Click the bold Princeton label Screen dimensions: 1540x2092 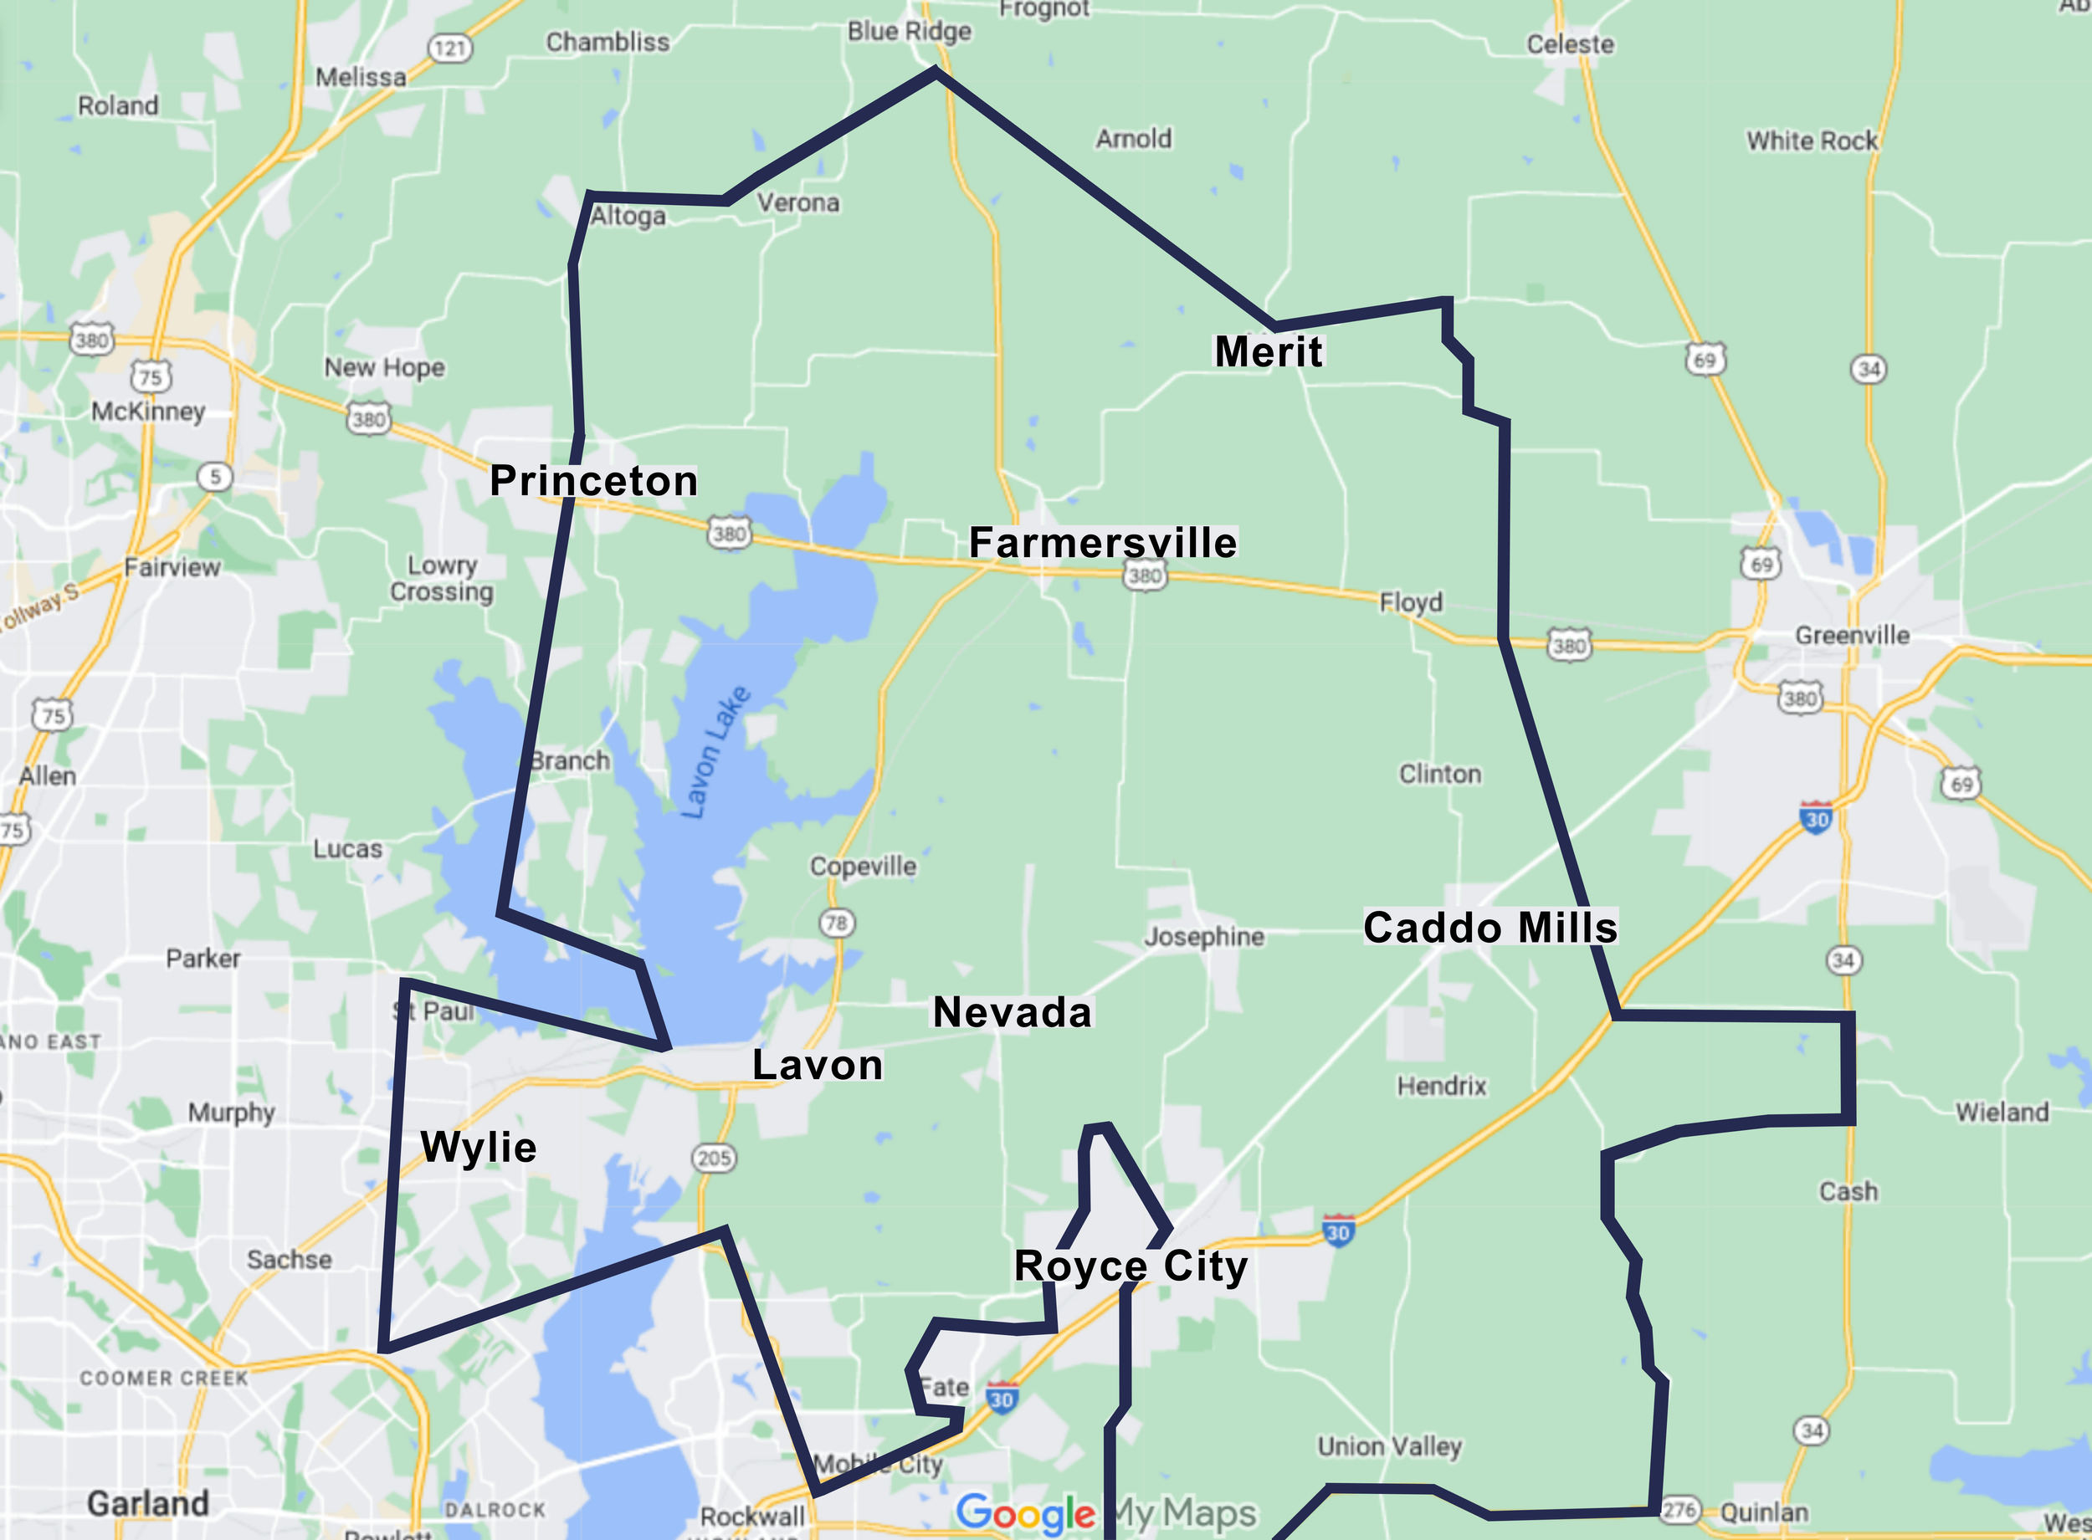594,481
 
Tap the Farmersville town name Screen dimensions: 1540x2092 1103,543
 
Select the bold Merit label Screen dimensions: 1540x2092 1268,351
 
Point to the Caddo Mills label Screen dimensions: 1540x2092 1490,928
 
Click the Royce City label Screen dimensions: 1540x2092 1130,1266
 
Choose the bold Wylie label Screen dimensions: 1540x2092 479,1147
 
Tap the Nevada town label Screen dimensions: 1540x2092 1012,1012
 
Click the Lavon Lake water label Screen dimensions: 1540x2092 716,752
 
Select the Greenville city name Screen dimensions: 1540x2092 1852,635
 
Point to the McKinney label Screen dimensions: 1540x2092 147,411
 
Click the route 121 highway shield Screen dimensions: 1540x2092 450,48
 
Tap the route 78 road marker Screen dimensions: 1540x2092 836,923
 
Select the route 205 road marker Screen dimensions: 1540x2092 714,1158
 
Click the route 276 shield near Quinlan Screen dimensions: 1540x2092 1679,1509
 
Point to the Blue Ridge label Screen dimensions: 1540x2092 909,32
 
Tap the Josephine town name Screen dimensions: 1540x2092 1203,936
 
